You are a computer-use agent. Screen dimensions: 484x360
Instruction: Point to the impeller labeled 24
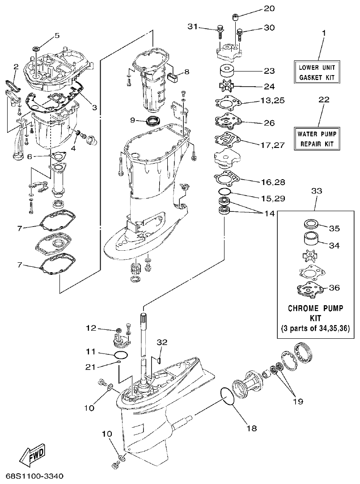pos(227,85)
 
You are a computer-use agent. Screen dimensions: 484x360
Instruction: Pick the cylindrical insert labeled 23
pos(227,71)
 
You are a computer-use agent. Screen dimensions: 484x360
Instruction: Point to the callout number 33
pos(316,190)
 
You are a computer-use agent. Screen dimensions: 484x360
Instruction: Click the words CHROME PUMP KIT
pos(316,313)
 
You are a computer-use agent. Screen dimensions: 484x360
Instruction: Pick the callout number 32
pos(161,342)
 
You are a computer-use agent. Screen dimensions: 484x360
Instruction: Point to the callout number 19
pos(298,401)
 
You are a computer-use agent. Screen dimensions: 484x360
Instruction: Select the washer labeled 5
pos(36,47)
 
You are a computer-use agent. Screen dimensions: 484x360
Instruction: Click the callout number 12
pos(91,328)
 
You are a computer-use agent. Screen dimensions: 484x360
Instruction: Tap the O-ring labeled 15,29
pos(225,192)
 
